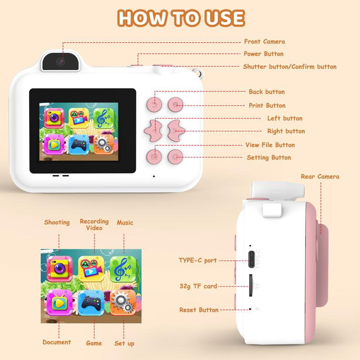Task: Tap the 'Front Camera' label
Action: pyautogui.click(x=264, y=41)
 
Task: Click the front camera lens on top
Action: pyautogui.click(x=60, y=62)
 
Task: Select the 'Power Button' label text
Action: pyautogui.click(x=264, y=54)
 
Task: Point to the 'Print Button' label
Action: pyautogui.click(x=267, y=105)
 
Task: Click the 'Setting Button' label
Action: pyautogui.click(x=269, y=157)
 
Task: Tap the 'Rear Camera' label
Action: pyautogui.click(x=320, y=176)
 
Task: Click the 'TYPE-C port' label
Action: pyautogui.click(x=198, y=260)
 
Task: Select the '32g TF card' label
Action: pyautogui.click(x=198, y=286)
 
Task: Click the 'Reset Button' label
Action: pyautogui.click(x=199, y=310)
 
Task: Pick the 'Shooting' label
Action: pyautogui.click(x=57, y=222)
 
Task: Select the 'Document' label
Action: pyautogui.click(x=57, y=342)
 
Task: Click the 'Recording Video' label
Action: pyautogui.click(x=94, y=225)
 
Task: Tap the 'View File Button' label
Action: pyautogui.click(x=270, y=145)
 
